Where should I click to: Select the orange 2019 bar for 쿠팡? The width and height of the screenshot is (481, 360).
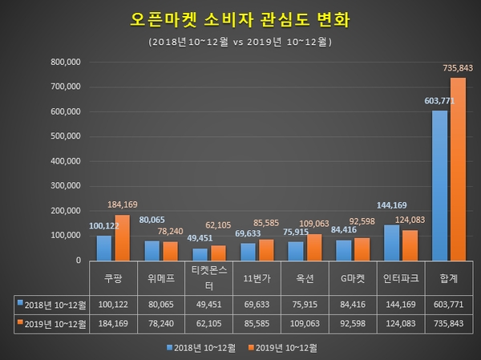pos(122,237)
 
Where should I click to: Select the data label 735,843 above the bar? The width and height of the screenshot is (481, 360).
pos(458,69)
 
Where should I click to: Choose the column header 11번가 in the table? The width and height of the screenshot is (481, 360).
pos(256,280)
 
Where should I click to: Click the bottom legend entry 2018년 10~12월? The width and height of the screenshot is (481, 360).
pos(203,348)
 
